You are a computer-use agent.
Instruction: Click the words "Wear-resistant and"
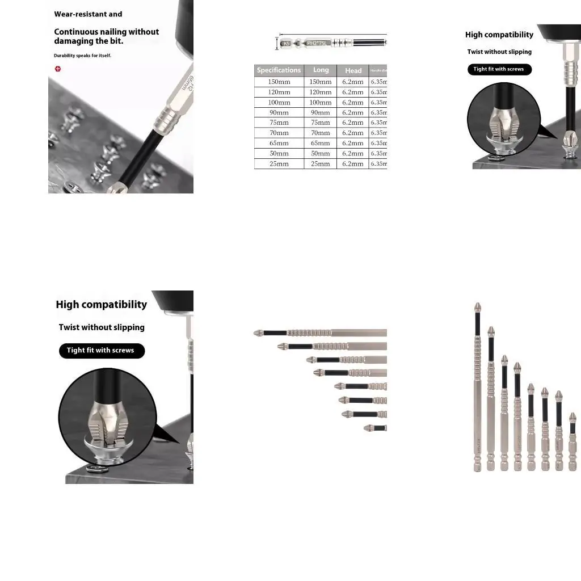88,14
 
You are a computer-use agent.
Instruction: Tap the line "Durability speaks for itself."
82,56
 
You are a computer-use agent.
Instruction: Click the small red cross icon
57,69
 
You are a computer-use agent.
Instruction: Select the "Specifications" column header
279,70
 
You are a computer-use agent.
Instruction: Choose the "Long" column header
321,70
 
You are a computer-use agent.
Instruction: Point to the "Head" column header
353,71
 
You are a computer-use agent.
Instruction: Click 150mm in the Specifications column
279,82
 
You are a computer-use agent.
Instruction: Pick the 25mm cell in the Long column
320,163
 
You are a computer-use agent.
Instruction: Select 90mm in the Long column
320,112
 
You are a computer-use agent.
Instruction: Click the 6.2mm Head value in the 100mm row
353,102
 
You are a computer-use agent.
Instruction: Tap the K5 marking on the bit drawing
287,43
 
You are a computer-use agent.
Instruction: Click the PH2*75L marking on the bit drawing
317,43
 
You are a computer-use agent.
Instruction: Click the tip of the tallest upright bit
478,306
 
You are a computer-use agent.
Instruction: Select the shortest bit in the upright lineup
572,443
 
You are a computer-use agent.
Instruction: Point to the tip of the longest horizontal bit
257,332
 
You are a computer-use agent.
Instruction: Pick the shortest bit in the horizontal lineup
375,428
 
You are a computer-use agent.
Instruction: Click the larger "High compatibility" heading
101,305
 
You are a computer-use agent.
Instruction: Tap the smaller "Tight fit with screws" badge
499,69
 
